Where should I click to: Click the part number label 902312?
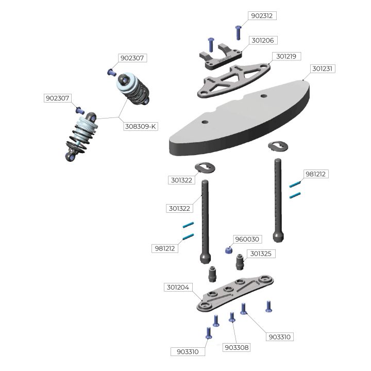click(x=262, y=16)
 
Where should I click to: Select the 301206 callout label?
click(x=263, y=41)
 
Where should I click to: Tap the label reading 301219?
click(x=286, y=56)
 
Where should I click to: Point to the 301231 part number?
click(x=322, y=69)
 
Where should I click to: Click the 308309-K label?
click(x=141, y=126)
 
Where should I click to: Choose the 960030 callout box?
click(x=247, y=239)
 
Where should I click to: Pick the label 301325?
click(x=261, y=254)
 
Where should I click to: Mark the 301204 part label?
click(x=178, y=287)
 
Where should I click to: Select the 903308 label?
click(x=237, y=347)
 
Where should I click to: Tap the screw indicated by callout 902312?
click(x=238, y=32)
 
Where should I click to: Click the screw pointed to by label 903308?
click(x=232, y=317)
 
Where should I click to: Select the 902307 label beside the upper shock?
click(x=132, y=58)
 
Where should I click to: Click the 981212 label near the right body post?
click(x=316, y=174)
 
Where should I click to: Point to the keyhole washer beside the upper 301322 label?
click(x=205, y=167)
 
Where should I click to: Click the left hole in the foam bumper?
click(x=205, y=122)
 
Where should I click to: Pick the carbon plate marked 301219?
click(x=234, y=80)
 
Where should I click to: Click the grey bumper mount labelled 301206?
click(x=221, y=56)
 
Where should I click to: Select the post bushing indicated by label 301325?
click(x=240, y=262)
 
